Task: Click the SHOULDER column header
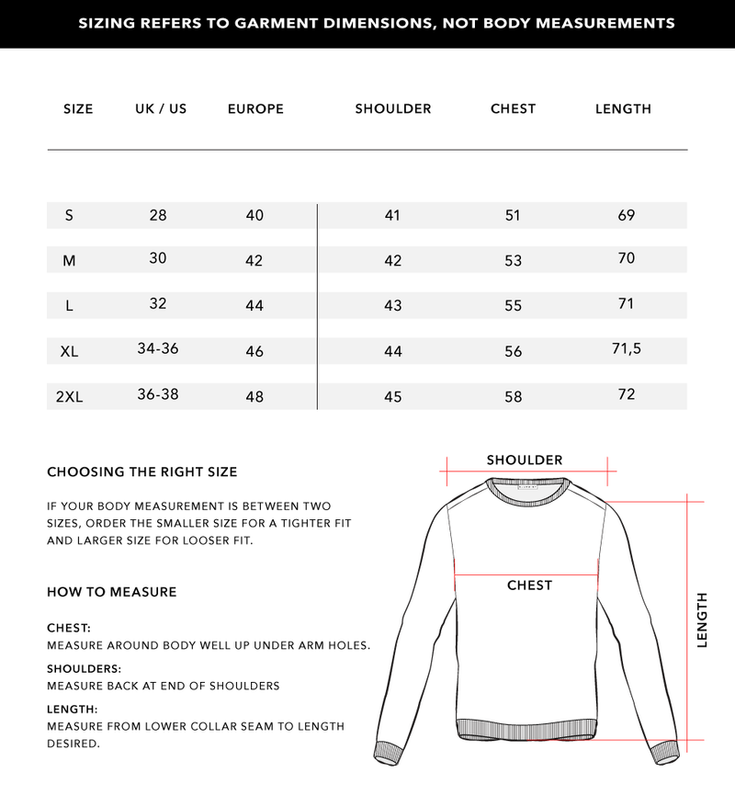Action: click(392, 108)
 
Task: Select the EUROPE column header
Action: click(255, 108)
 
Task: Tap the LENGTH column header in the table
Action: click(623, 108)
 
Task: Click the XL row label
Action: click(69, 351)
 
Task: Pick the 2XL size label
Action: click(69, 397)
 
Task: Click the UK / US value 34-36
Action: click(157, 348)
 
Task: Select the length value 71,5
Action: click(626, 348)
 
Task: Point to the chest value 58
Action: click(513, 397)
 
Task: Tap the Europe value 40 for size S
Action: click(254, 215)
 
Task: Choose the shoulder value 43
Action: click(392, 305)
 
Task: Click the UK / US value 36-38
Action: click(157, 393)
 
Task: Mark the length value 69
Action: click(627, 215)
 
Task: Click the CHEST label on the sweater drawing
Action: click(529, 585)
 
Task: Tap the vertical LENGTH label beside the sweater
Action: click(703, 619)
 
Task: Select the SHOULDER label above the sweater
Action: click(525, 460)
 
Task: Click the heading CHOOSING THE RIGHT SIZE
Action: click(141, 472)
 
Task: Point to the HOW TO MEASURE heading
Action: click(111, 592)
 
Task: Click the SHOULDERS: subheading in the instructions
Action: click(84, 669)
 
